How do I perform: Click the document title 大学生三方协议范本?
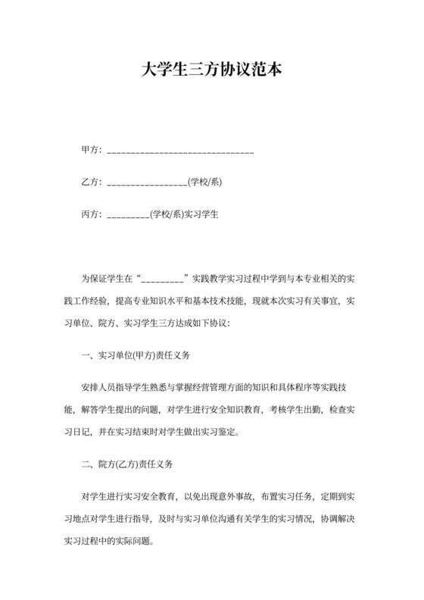pos(211,70)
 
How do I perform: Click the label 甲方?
pos(90,150)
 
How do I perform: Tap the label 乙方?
pos(90,183)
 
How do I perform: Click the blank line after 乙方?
pos(148,184)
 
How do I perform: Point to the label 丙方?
pos(90,214)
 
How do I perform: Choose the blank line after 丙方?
pos(129,216)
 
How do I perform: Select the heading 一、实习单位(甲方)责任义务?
pos(135,355)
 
